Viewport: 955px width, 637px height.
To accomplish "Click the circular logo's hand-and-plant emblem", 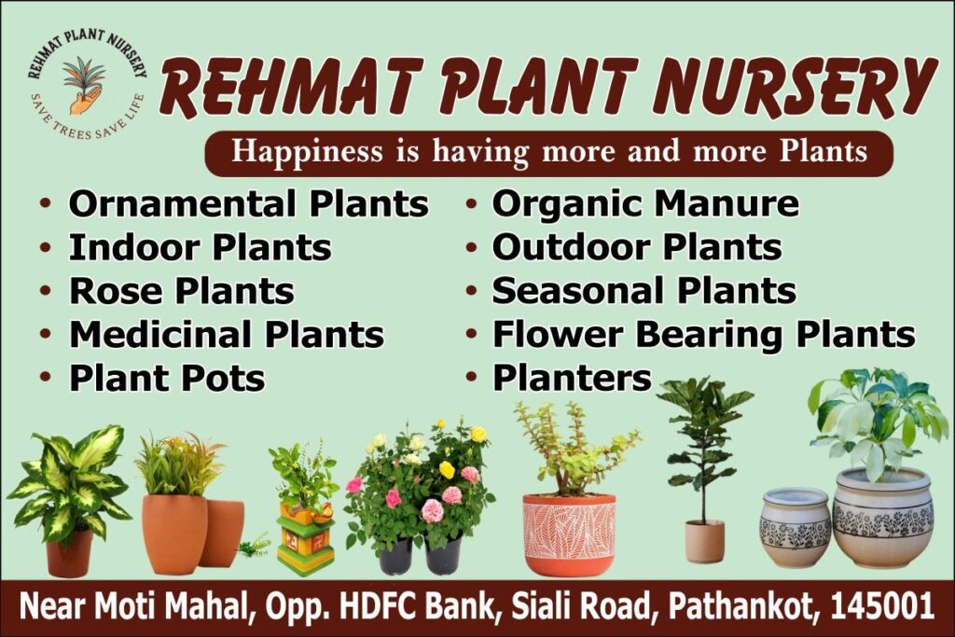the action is [84, 84].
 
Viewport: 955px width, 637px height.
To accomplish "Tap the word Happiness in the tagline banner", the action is [307, 152].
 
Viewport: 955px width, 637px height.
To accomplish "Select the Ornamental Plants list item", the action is [248, 204].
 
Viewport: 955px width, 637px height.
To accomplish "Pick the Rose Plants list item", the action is [182, 291].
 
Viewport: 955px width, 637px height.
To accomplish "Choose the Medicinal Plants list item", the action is [227, 334].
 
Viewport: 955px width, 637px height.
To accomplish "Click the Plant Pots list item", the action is [167, 378].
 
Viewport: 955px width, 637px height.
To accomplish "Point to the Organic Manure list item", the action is [645, 204].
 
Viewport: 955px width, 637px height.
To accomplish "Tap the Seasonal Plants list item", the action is [644, 291].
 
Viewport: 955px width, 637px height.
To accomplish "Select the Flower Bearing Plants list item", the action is [704, 334].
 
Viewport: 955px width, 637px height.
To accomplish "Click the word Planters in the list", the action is [572, 378].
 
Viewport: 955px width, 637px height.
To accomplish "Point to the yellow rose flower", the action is [447, 469].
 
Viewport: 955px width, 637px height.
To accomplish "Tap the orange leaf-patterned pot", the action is [570, 535].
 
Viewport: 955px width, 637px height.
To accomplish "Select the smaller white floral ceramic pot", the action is [795, 527].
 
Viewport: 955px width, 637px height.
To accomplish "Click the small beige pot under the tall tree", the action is [705, 541].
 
